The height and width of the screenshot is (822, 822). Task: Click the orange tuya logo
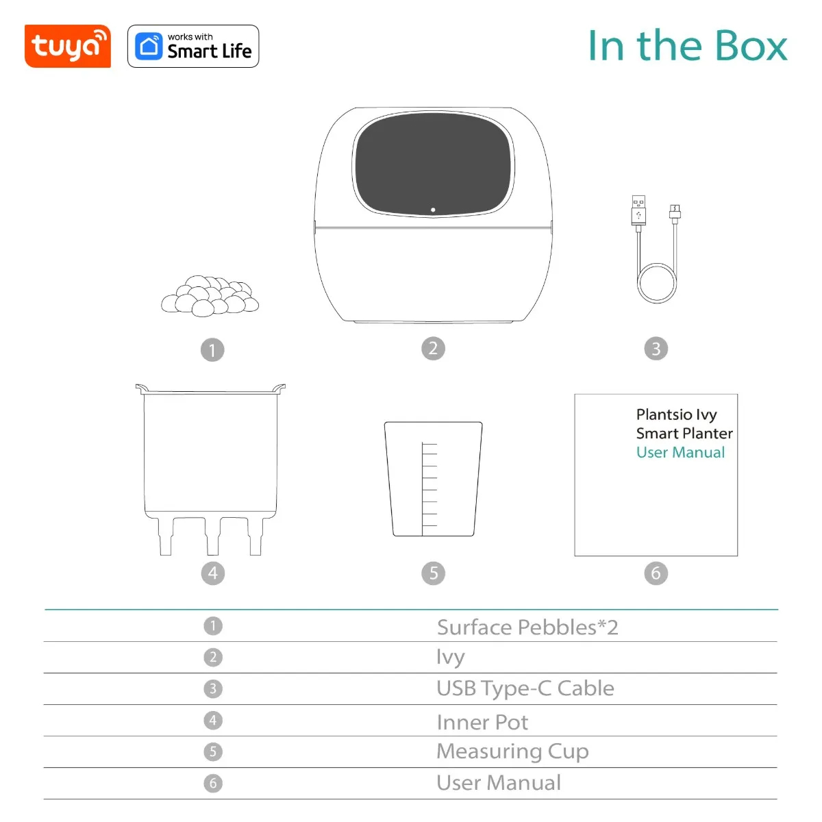click(x=67, y=47)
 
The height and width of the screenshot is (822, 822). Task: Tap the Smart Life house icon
click(x=149, y=47)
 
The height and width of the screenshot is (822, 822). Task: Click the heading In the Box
click(x=687, y=46)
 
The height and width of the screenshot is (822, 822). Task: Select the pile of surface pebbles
click(x=210, y=297)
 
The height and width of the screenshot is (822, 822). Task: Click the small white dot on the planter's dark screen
click(x=433, y=210)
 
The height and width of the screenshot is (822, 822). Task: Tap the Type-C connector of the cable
click(x=675, y=212)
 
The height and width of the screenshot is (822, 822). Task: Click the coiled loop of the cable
click(x=656, y=282)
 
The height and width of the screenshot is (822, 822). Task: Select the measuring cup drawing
click(x=433, y=479)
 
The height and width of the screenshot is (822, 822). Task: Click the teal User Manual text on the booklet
click(x=680, y=453)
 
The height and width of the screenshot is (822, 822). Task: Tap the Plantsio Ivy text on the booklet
click(x=676, y=414)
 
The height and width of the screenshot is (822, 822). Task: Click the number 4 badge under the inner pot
click(x=212, y=573)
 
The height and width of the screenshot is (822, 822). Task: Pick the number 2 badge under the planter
click(x=433, y=349)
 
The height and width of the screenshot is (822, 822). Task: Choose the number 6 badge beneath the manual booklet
click(x=656, y=573)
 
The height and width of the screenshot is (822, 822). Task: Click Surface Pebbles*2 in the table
click(x=527, y=627)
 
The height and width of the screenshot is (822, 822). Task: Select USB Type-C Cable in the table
click(x=525, y=688)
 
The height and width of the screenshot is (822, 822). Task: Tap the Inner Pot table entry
click(x=482, y=722)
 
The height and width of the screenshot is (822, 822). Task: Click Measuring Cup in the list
click(x=512, y=751)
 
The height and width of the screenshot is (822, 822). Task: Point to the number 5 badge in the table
click(x=213, y=751)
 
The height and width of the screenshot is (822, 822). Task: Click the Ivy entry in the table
click(x=450, y=657)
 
